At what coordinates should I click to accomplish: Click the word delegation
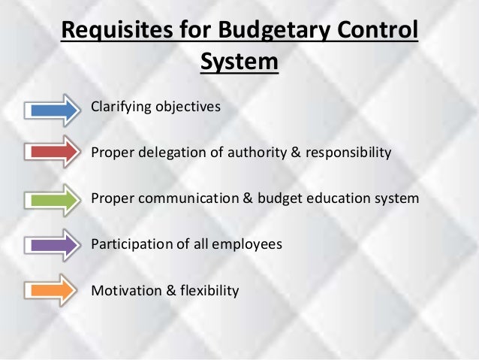click(x=168, y=153)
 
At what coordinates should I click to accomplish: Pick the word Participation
click(x=128, y=244)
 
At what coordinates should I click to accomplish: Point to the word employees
click(x=249, y=244)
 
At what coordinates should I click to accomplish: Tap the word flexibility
click(x=206, y=289)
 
